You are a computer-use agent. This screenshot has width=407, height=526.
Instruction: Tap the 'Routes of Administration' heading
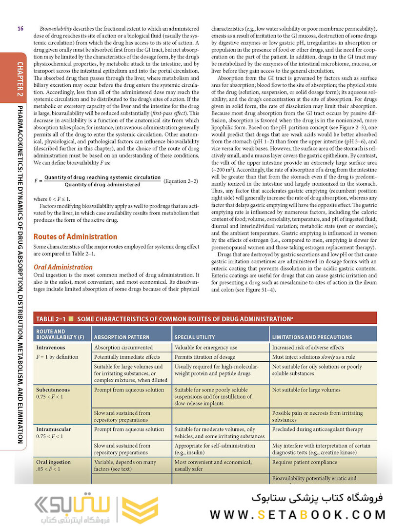75,236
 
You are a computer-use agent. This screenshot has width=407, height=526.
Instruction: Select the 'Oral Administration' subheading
63,267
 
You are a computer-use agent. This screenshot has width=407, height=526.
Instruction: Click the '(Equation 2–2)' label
181,181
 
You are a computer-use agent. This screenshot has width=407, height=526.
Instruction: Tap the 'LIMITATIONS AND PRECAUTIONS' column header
312,337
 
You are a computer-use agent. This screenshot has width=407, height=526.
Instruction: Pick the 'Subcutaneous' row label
53,390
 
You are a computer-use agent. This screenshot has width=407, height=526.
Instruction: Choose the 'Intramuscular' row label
54,429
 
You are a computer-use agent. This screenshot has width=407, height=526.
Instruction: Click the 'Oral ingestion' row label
54,462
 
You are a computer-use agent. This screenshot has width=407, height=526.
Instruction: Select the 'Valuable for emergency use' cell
206,348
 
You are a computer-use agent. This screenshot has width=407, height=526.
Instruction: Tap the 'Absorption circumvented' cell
123,348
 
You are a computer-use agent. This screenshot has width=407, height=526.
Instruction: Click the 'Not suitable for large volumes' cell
306,390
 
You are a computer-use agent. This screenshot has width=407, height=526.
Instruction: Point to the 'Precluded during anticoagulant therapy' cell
318,429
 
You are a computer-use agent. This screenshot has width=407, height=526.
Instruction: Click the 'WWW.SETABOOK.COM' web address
298,514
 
